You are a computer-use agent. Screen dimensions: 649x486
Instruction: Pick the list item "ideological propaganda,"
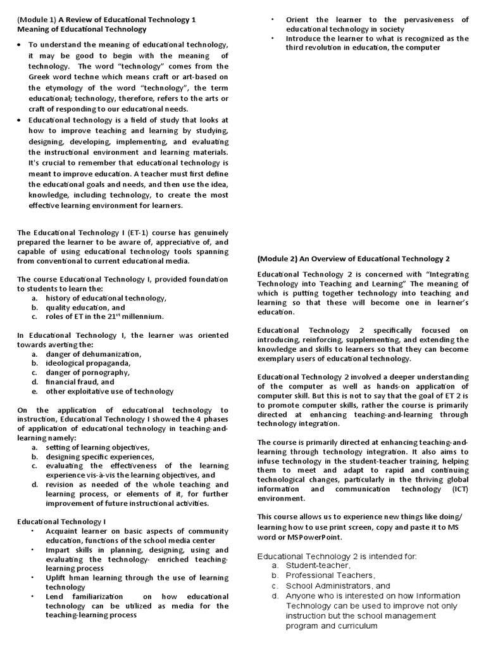tap(87, 363)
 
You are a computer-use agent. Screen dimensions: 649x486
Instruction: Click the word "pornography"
tap(106, 373)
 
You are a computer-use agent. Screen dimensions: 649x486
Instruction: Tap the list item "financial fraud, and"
tap(80, 382)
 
